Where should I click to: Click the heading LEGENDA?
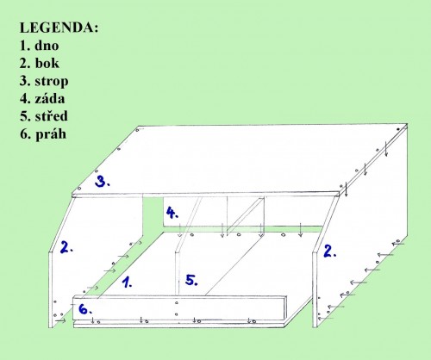pos(59,28)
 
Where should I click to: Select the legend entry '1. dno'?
pos(40,46)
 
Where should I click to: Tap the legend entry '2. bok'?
pos(40,63)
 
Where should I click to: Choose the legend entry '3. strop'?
pos(44,81)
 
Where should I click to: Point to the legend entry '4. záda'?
pos(42,98)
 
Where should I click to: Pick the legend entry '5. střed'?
pos(44,116)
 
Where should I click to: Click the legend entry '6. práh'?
pos(43,134)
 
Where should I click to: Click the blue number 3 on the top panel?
pos(102,182)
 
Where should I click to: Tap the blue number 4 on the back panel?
pos(172,213)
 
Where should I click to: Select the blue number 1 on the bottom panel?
pos(127,282)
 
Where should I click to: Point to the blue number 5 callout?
pos(191,280)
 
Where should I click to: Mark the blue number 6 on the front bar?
pos(85,309)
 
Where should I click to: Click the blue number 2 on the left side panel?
pos(66,247)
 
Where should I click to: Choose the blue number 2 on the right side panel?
pos(330,251)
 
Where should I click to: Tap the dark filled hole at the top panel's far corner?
pos(398,129)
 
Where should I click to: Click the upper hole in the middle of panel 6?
pos(177,302)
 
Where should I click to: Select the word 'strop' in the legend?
pos(52,82)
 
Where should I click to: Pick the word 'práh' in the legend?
pos(51,134)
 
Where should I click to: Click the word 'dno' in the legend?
pos(47,46)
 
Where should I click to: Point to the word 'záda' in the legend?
pos(50,98)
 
